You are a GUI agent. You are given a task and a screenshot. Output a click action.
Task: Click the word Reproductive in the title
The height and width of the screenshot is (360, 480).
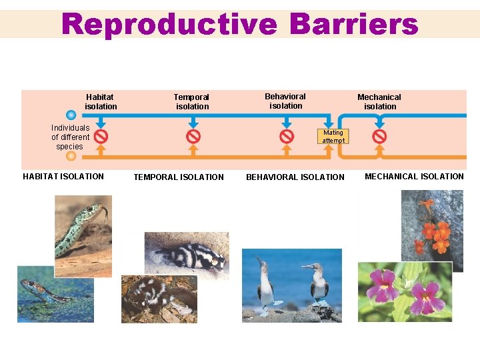tap(169, 24)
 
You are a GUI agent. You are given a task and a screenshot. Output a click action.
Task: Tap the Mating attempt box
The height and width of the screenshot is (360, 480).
tap(333, 137)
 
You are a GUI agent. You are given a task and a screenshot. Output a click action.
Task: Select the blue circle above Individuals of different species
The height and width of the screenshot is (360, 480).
tap(71, 115)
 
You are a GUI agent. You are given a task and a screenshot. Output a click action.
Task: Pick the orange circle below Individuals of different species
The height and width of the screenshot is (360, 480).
tap(71, 156)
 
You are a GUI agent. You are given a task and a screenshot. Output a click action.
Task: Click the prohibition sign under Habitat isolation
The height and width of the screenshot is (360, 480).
tap(101, 136)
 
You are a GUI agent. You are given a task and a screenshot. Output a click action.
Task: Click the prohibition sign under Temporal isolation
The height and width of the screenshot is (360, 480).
tap(193, 136)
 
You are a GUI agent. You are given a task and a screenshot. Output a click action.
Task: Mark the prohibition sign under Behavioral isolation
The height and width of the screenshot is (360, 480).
tap(287, 136)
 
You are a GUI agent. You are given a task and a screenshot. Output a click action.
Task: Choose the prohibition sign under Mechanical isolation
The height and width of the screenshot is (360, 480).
tap(379, 136)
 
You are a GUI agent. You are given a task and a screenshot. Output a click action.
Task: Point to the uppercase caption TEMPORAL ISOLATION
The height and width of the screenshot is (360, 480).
tap(179, 177)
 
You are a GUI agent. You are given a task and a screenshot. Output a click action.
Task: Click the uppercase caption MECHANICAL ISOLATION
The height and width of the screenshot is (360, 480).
tap(414, 177)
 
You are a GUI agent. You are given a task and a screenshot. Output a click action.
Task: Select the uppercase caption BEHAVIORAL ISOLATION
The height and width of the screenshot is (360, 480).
tap(295, 177)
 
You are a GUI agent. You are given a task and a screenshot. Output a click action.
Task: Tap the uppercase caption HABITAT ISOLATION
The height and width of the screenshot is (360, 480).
tap(63, 177)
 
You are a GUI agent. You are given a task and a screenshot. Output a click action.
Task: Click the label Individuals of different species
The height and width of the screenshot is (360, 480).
tap(70, 137)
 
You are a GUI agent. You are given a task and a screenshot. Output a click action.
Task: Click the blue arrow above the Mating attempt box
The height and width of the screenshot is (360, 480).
tap(327, 123)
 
